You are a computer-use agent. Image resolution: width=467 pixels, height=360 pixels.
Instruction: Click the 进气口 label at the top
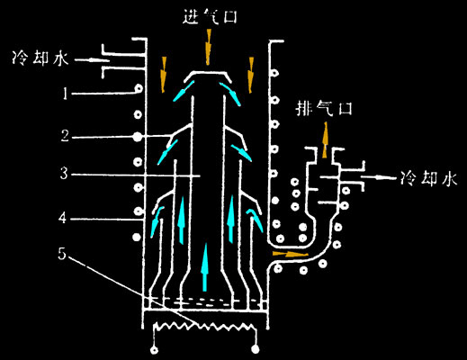(210, 16)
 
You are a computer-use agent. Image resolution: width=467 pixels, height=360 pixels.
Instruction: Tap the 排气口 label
(324, 108)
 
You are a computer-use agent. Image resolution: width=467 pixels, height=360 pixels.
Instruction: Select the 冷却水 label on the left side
(40, 58)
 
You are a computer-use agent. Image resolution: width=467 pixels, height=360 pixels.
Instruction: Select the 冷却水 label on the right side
(429, 178)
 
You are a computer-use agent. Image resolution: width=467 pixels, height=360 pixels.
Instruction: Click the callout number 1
(65, 94)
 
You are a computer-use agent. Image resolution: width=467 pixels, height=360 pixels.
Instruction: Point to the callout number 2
(65, 136)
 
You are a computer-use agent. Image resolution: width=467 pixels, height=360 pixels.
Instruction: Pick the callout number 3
(64, 174)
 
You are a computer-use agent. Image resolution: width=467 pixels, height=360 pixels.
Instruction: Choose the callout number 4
(62, 218)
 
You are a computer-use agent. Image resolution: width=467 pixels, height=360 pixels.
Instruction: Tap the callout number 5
(62, 254)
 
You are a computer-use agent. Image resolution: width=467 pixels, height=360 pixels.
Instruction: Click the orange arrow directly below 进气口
(208, 47)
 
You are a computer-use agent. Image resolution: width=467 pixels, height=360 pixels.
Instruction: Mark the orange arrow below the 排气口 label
(325, 139)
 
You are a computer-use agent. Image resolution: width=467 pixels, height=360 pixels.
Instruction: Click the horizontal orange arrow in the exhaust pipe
(291, 255)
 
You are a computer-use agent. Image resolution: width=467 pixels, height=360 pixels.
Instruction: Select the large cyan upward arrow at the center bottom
(205, 267)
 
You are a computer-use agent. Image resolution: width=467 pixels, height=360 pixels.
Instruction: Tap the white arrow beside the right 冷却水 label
(379, 177)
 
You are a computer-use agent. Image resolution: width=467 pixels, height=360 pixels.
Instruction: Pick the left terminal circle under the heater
(155, 350)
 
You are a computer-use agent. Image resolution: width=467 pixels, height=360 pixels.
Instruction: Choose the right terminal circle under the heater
(256, 349)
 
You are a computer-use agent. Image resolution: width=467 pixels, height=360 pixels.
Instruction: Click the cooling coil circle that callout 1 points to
(139, 88)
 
